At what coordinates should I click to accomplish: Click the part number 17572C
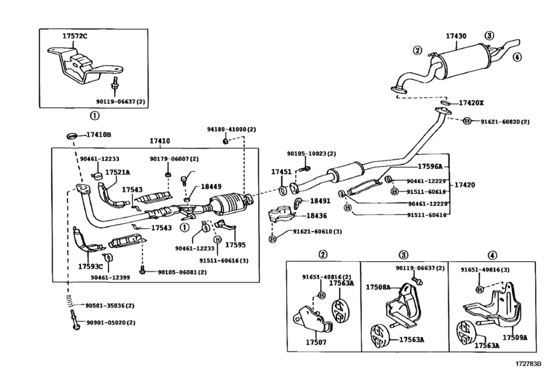point(75,36)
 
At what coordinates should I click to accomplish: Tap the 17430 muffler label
point(456,36)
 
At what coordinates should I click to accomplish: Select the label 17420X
point(471,103)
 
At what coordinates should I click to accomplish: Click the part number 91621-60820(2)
point(505,122)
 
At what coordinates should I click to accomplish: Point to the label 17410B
point(98,134)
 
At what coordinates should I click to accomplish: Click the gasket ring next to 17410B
point(72,136)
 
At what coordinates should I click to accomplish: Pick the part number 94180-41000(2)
point(231,130)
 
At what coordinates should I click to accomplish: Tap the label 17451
point(281,172)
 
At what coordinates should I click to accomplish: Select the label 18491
point(320,201)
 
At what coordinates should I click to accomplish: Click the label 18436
point(316,216)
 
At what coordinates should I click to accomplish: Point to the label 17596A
point(430,166)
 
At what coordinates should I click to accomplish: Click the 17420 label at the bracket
point(464,185)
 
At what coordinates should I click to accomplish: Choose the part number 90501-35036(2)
point(110,306)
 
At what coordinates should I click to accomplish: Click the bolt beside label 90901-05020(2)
point(74,320)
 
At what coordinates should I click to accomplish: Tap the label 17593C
point(90,267)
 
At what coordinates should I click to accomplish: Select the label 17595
point(235,245)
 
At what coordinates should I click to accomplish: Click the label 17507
point(316,343)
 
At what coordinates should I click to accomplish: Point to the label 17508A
point(378,287)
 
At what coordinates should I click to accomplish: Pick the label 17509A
point(515,337)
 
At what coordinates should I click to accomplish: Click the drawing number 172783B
point(528,364)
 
